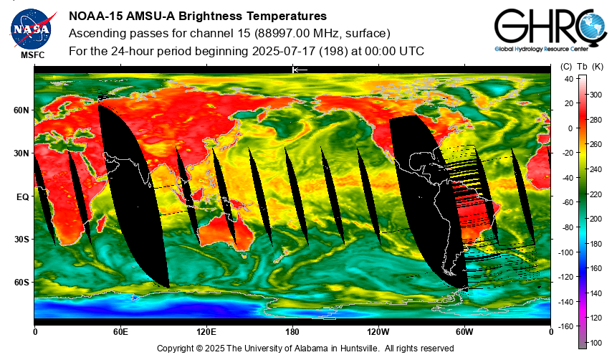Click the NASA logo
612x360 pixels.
pyautogui.click(x=32, y=29)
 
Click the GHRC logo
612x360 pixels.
pyautogui.click(x=550, y=30)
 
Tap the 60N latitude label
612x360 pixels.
pyautogui.click(x=21, y=110)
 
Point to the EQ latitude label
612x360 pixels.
pyautogui.click(x=23, y=197)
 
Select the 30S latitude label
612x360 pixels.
pyautogui.click(x=21, y=240)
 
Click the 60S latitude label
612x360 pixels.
pyautogui.click(x=21, y=283)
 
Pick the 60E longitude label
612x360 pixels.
pyautogui.click(x=120, y=332)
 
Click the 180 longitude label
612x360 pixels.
pyautogui.click(x=292, y=332)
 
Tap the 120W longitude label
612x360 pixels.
pyautogui.click(x=378, y=332)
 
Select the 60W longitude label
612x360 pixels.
pyautogui.click(x=464, y=332)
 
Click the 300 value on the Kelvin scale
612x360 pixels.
pyautogui.click(x=596, y=95)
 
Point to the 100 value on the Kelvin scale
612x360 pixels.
pyautogui.click(x=596, y=343)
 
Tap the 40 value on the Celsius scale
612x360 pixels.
pyautogui.click(x=569, y=79)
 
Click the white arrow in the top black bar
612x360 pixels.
pyautogui.click(x=300, y=70)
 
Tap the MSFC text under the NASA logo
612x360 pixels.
pyautogui.click(x=33, y=55)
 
